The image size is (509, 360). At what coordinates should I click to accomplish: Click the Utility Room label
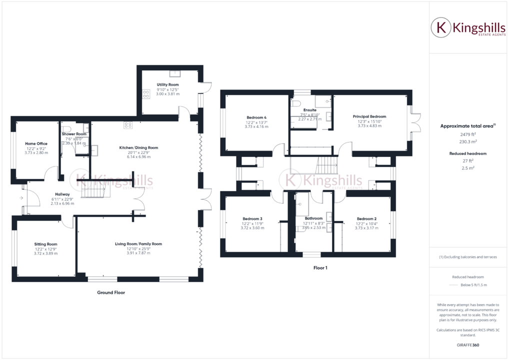point(167,85)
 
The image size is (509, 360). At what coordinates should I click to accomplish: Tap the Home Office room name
point(36,143)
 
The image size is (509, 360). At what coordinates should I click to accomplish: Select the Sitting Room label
point(45,244)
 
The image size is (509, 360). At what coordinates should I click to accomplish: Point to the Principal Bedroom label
point(369,116)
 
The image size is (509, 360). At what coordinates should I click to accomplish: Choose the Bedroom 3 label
point(252,218)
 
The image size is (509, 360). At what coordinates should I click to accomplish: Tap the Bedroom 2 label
point(366,218)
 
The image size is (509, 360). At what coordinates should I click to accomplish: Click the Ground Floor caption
point(111,292)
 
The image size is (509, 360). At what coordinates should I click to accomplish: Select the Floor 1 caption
point(320,268)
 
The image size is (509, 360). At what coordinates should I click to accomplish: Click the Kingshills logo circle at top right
point(440,28)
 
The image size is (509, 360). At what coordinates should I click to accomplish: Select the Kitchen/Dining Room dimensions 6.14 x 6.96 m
point(138,157)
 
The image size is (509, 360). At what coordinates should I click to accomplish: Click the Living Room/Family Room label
point(138,244)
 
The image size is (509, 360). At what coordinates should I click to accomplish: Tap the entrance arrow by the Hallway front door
point(21,198)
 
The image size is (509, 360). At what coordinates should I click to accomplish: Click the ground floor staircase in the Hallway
point(95,189)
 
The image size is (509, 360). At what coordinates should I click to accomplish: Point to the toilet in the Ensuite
point(295,104)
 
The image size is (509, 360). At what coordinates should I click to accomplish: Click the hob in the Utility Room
point(147,92)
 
